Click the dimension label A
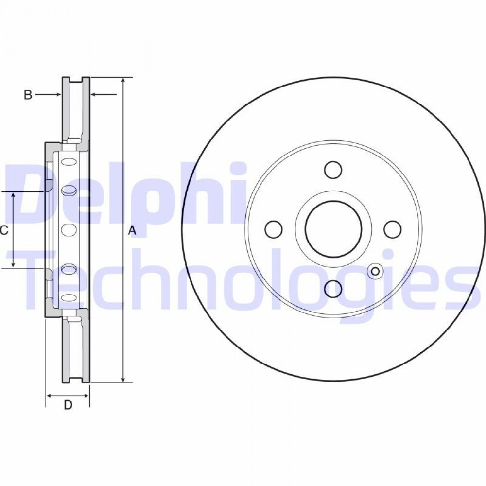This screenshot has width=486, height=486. pos(132,230)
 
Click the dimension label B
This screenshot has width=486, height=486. pos(28,95)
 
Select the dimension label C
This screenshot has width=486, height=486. pos(4,230)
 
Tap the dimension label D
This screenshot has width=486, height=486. pos(68,405)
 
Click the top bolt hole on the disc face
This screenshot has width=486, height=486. pos(333,170)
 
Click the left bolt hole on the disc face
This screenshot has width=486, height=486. pos(274,229)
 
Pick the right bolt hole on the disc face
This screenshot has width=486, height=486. pos(393,229)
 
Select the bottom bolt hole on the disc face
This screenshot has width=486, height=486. pos(333,289)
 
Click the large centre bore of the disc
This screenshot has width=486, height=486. pos(333,229)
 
